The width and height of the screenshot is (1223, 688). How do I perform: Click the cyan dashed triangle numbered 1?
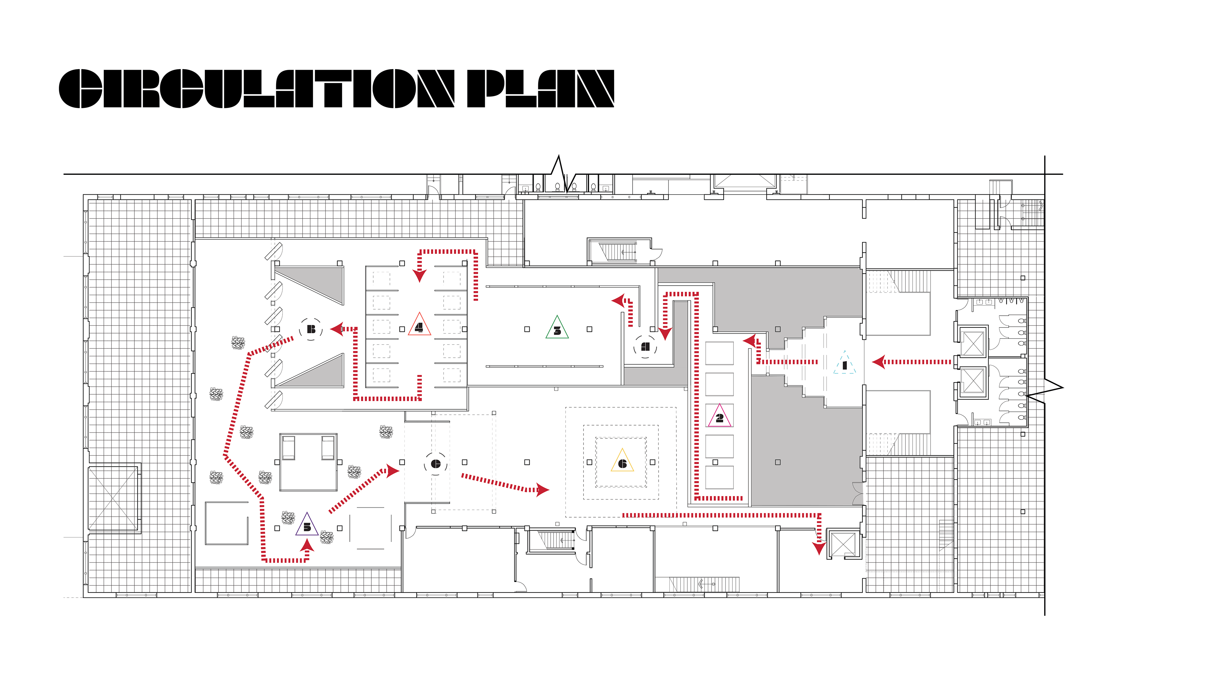tap(844, 364)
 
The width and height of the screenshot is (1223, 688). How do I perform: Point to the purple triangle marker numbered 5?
tap(307, 526)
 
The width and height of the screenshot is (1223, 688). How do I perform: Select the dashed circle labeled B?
tap(311, 329)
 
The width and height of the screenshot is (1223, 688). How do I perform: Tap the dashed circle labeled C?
tap(435, 464)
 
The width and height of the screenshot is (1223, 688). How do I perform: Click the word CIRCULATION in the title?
tap(256, 89)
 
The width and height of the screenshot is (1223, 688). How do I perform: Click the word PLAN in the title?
tap(540, 89)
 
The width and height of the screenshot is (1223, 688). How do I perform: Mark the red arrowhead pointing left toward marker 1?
tap(879, 362)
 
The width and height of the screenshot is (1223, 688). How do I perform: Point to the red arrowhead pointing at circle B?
tap(337, 329)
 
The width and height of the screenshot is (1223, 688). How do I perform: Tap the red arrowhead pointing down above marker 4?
tap(419, 276)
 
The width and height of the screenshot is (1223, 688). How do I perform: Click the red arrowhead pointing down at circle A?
tap(665, 333)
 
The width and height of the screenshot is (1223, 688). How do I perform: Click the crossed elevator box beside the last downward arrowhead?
tap(843, 544)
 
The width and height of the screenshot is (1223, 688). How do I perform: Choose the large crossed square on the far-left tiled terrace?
tap(113, 498)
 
